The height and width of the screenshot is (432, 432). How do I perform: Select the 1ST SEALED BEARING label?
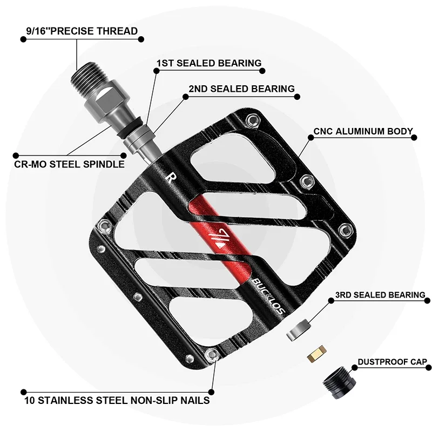click(208, 63)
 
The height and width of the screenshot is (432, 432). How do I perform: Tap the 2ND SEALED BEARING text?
click(241, 89)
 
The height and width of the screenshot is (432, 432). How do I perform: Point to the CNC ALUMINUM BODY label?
click(363, 131)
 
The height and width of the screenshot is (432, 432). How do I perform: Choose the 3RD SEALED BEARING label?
click(380, 295)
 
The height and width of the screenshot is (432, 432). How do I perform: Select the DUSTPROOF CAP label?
click(392, 362)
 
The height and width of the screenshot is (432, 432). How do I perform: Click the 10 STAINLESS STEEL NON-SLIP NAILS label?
click(117, 401)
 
